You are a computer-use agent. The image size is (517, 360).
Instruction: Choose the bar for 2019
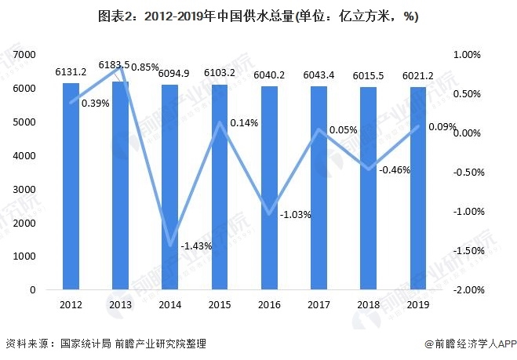tap(418, 189)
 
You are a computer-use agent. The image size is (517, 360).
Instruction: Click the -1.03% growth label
tap(296, 214)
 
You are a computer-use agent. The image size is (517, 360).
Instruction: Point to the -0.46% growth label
tap(395, 169)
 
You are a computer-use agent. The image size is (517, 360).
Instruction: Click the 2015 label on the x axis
tap(219, 305)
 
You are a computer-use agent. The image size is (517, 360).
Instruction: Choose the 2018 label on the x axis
tap(369, 305)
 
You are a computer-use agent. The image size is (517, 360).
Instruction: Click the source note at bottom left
tap(106, 344)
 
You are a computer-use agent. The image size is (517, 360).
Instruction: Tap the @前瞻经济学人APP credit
tap(468, 344)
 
